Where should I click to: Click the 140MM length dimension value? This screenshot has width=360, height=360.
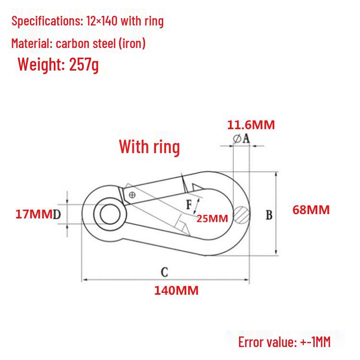click(x=176, y=290)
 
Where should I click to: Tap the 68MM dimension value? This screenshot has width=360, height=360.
click(x=311, y=210)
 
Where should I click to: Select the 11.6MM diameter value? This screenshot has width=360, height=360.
click(x=251, y=125)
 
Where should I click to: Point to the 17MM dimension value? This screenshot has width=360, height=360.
click(x=34, y=214)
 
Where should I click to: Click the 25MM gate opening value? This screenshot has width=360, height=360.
click(x=212, y=218)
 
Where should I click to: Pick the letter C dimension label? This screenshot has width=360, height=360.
click(x=164, y=272)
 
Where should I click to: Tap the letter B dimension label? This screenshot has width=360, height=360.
click(x=269, y=215)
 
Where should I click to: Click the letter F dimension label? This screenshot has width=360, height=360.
click(x=189, y=204)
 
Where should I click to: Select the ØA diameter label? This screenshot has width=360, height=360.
click(x=241, y=139)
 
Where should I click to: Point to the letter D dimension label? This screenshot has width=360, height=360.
click(x=57, y=215)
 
